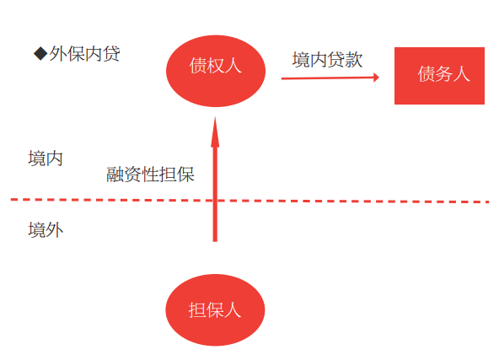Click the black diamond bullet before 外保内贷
tap(40, 53)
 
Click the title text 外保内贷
tap(84, 53)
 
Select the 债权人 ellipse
tap(216, 71)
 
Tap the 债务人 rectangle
tap(439, 76)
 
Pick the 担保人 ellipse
tap(215, 310)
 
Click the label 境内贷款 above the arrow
tap(327, 60)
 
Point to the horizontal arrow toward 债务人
tap(330, 78)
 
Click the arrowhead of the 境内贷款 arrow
tap(377, 78)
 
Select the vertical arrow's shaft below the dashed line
tap(215, 221)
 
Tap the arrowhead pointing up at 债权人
tap(215, 132)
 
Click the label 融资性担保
tap(150, 175)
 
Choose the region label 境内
tap(46, 159)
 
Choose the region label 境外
tap(46, 230)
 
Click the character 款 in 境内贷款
tap(354, 60)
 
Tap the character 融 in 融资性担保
tap(115, 175)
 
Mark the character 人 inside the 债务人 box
tap(461, 74)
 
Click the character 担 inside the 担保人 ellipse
tap(197, 310)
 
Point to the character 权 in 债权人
tap(216, 66)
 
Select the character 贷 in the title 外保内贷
tap(111, 53)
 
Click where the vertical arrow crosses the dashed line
tap(215, 201)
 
